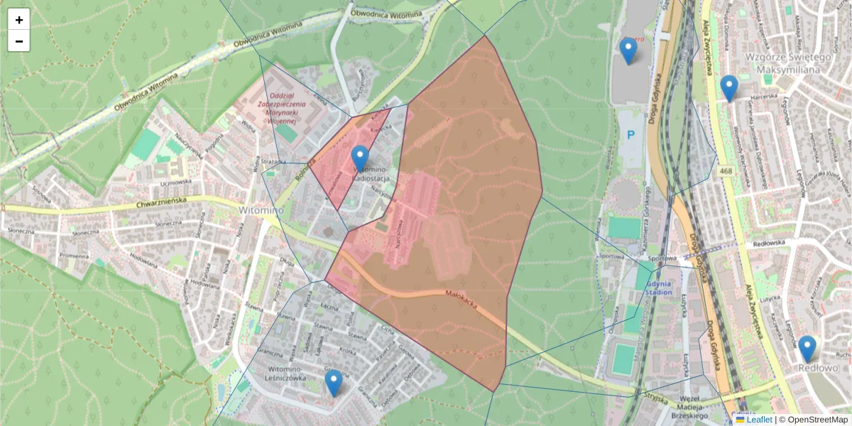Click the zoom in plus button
[x=19, y=20]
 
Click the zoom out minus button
[x=19, y=41]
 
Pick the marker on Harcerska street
[x=728, y=88]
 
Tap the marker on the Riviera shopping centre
[x=628, y=50]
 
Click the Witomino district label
[x=261, y=210]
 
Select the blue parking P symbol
[x=629, y=136]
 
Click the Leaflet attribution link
[x=759, y=420]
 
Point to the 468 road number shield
[x=725, y=171]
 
